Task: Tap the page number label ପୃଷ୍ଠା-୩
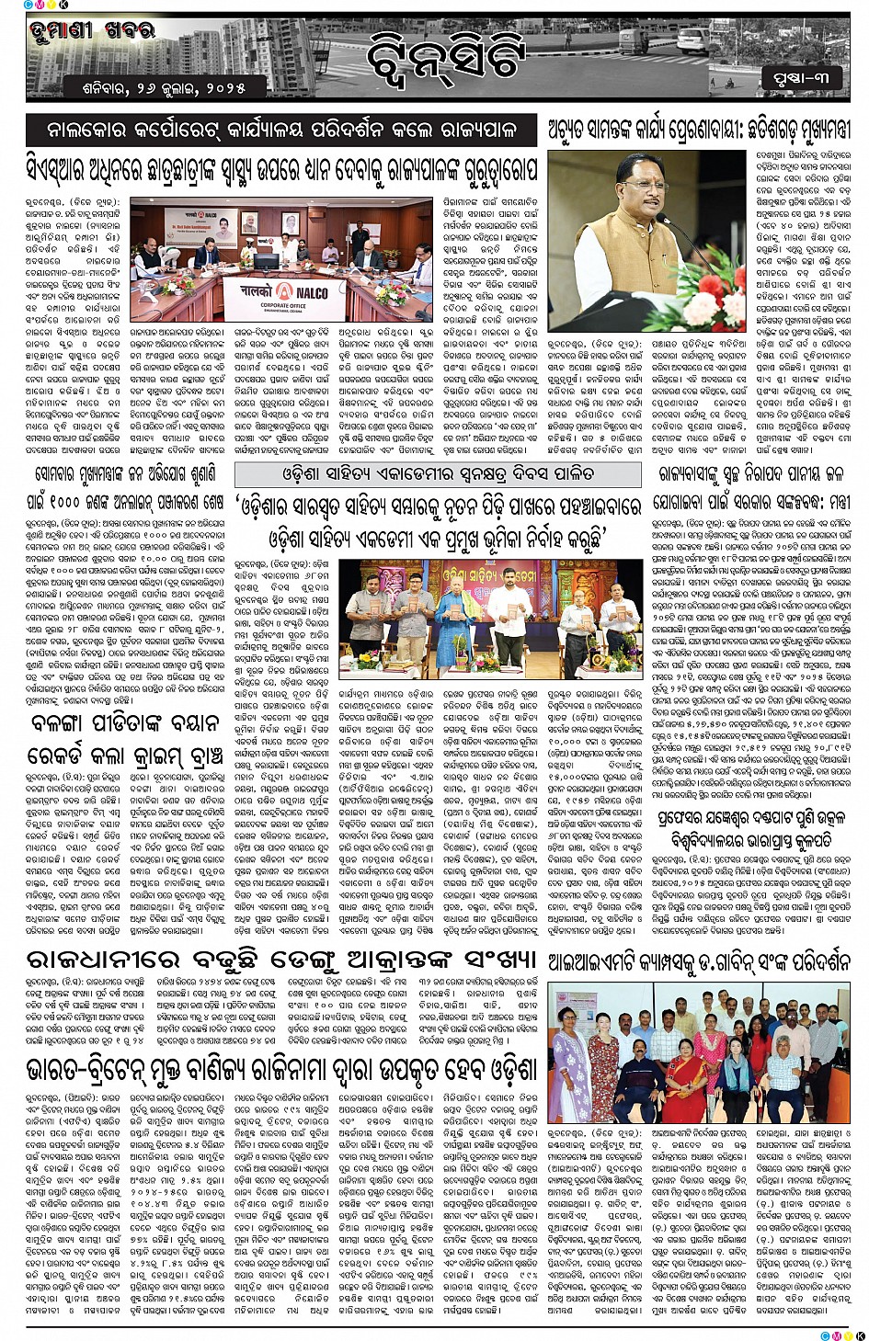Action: point(801,78)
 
